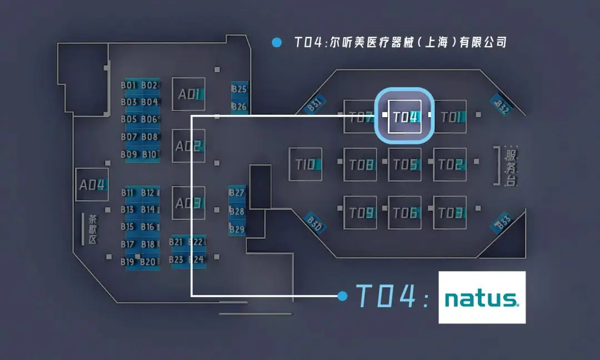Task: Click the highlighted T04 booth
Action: click(x=404, y=116)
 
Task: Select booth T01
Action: click(x=449, y=117)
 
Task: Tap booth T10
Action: click(x=305, y=164)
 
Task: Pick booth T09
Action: click(x=360, y=212)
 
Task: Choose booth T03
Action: click(x=449, y=212)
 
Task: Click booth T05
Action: click(x=404, y=164)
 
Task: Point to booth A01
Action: click(x=188, y=94)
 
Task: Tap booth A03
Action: click(x=188, y=203)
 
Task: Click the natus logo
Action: click(x=482, y=297)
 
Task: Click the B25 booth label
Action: click(x=239, y=89)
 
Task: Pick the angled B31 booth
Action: click(x=315, y=104)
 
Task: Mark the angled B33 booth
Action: click(x=502, y=222)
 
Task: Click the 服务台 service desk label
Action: click(x=510, y=166)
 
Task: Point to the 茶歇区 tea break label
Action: click(x=92, y=229)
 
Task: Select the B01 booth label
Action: click(x=129, y=86)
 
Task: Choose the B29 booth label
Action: click(x=237, y=229)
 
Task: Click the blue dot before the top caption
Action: click(x=276, y=42)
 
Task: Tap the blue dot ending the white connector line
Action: click(x=342, y=296)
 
